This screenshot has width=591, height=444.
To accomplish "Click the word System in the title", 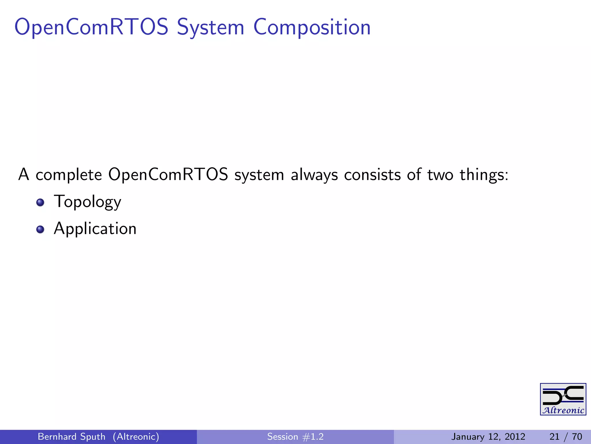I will point(210,27).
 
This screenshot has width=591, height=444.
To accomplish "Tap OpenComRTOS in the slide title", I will point(91,27).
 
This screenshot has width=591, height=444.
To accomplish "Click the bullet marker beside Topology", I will point(40,202).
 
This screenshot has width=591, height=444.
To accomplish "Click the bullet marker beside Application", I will point(40,230).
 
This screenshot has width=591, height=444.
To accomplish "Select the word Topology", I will point(87,202).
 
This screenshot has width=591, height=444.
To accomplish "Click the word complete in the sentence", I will point(69,175).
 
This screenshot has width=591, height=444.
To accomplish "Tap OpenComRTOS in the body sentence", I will point(168,175).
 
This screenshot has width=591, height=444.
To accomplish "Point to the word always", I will point(314,175).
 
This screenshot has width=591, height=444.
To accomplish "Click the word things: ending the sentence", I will point(484,175).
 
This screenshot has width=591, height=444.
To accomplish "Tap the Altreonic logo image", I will point(563,399).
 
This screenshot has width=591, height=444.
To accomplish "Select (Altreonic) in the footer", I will point(136,436).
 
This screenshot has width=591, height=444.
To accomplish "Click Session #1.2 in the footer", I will point(295,436).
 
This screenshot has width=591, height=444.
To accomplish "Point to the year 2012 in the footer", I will point(515,436).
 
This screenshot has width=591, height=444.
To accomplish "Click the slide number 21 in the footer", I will point(554,436).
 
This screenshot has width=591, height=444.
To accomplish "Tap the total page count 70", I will point(577,436).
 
